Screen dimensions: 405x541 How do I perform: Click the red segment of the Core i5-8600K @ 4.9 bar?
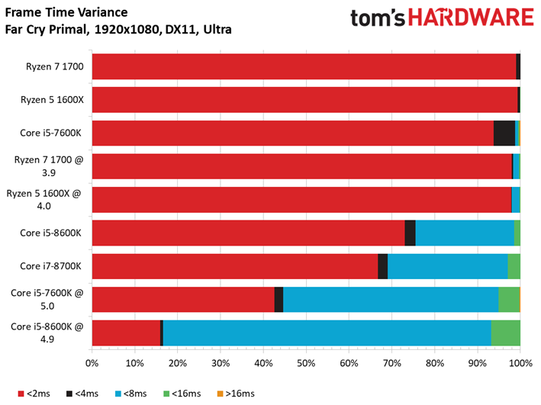click(x=126, y=333)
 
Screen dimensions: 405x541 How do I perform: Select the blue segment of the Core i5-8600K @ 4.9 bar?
click(x=327, y=333)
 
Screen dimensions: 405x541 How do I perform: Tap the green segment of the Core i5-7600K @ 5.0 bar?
click(x=509, y=300)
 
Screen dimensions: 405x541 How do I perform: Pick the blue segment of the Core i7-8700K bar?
click(x=447, y=266)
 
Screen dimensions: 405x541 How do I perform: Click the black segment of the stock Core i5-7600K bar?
click(x=504, y=133)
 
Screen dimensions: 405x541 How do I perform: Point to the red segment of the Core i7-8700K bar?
click(x=235, y=266)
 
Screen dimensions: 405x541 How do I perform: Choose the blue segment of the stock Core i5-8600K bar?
click(x=464, y=233)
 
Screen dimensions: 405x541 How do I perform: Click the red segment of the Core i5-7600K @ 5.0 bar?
click(x=183, y=300)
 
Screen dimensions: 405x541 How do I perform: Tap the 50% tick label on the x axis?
click(x=306, y=363)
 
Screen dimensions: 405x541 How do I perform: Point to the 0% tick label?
click(x=92, y=363)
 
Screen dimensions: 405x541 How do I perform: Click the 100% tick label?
click(x=520, y=363)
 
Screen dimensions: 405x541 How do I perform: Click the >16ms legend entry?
click(x=240, y=394)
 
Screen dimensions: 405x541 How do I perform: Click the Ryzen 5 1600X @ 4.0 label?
click(x=49, y=199)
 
